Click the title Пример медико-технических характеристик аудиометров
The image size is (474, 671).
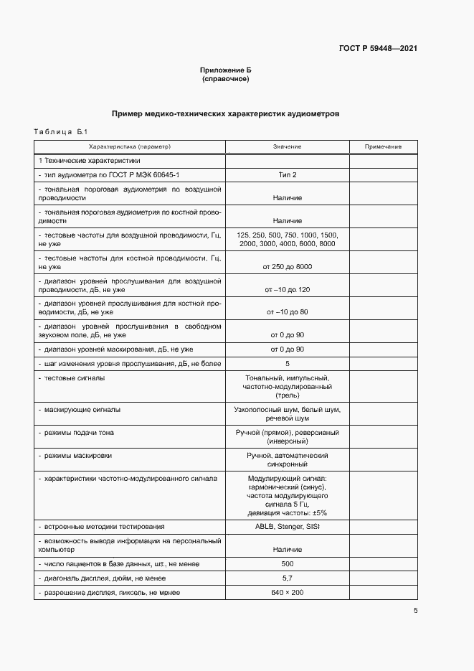(226, 113)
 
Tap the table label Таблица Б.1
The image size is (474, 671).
(60, 132)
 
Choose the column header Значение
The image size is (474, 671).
(287, 146)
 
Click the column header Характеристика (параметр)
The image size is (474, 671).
(130, 146)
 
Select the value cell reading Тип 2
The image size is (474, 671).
(287, 174)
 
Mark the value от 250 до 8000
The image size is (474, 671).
(287, 266)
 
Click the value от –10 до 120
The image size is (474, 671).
(287, 289)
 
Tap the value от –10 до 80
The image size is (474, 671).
(287, 312)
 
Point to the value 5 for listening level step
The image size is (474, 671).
(287, 363)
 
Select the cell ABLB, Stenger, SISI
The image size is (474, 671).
(287, 526)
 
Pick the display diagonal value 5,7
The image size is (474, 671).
(287, 578)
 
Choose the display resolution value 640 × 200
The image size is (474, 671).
(287, 593)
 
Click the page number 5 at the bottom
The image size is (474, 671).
(415, 611)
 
